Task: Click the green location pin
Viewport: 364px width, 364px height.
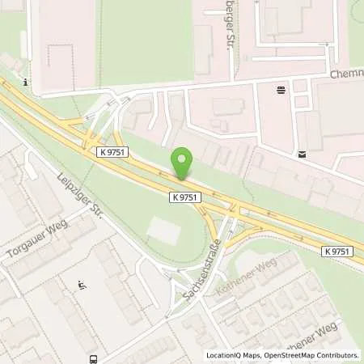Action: (x=184, y=163)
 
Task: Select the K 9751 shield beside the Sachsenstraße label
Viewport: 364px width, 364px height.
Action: (x=185, y=197)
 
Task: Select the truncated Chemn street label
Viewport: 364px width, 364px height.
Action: (x=347, y=74)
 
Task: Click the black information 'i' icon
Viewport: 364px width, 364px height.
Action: (x=27, y=82)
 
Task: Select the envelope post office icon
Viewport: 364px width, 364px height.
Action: (x=302, y=154)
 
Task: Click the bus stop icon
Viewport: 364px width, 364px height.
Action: (x=95, y=358)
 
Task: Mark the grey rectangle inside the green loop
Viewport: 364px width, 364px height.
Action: (x=164, y=231)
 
